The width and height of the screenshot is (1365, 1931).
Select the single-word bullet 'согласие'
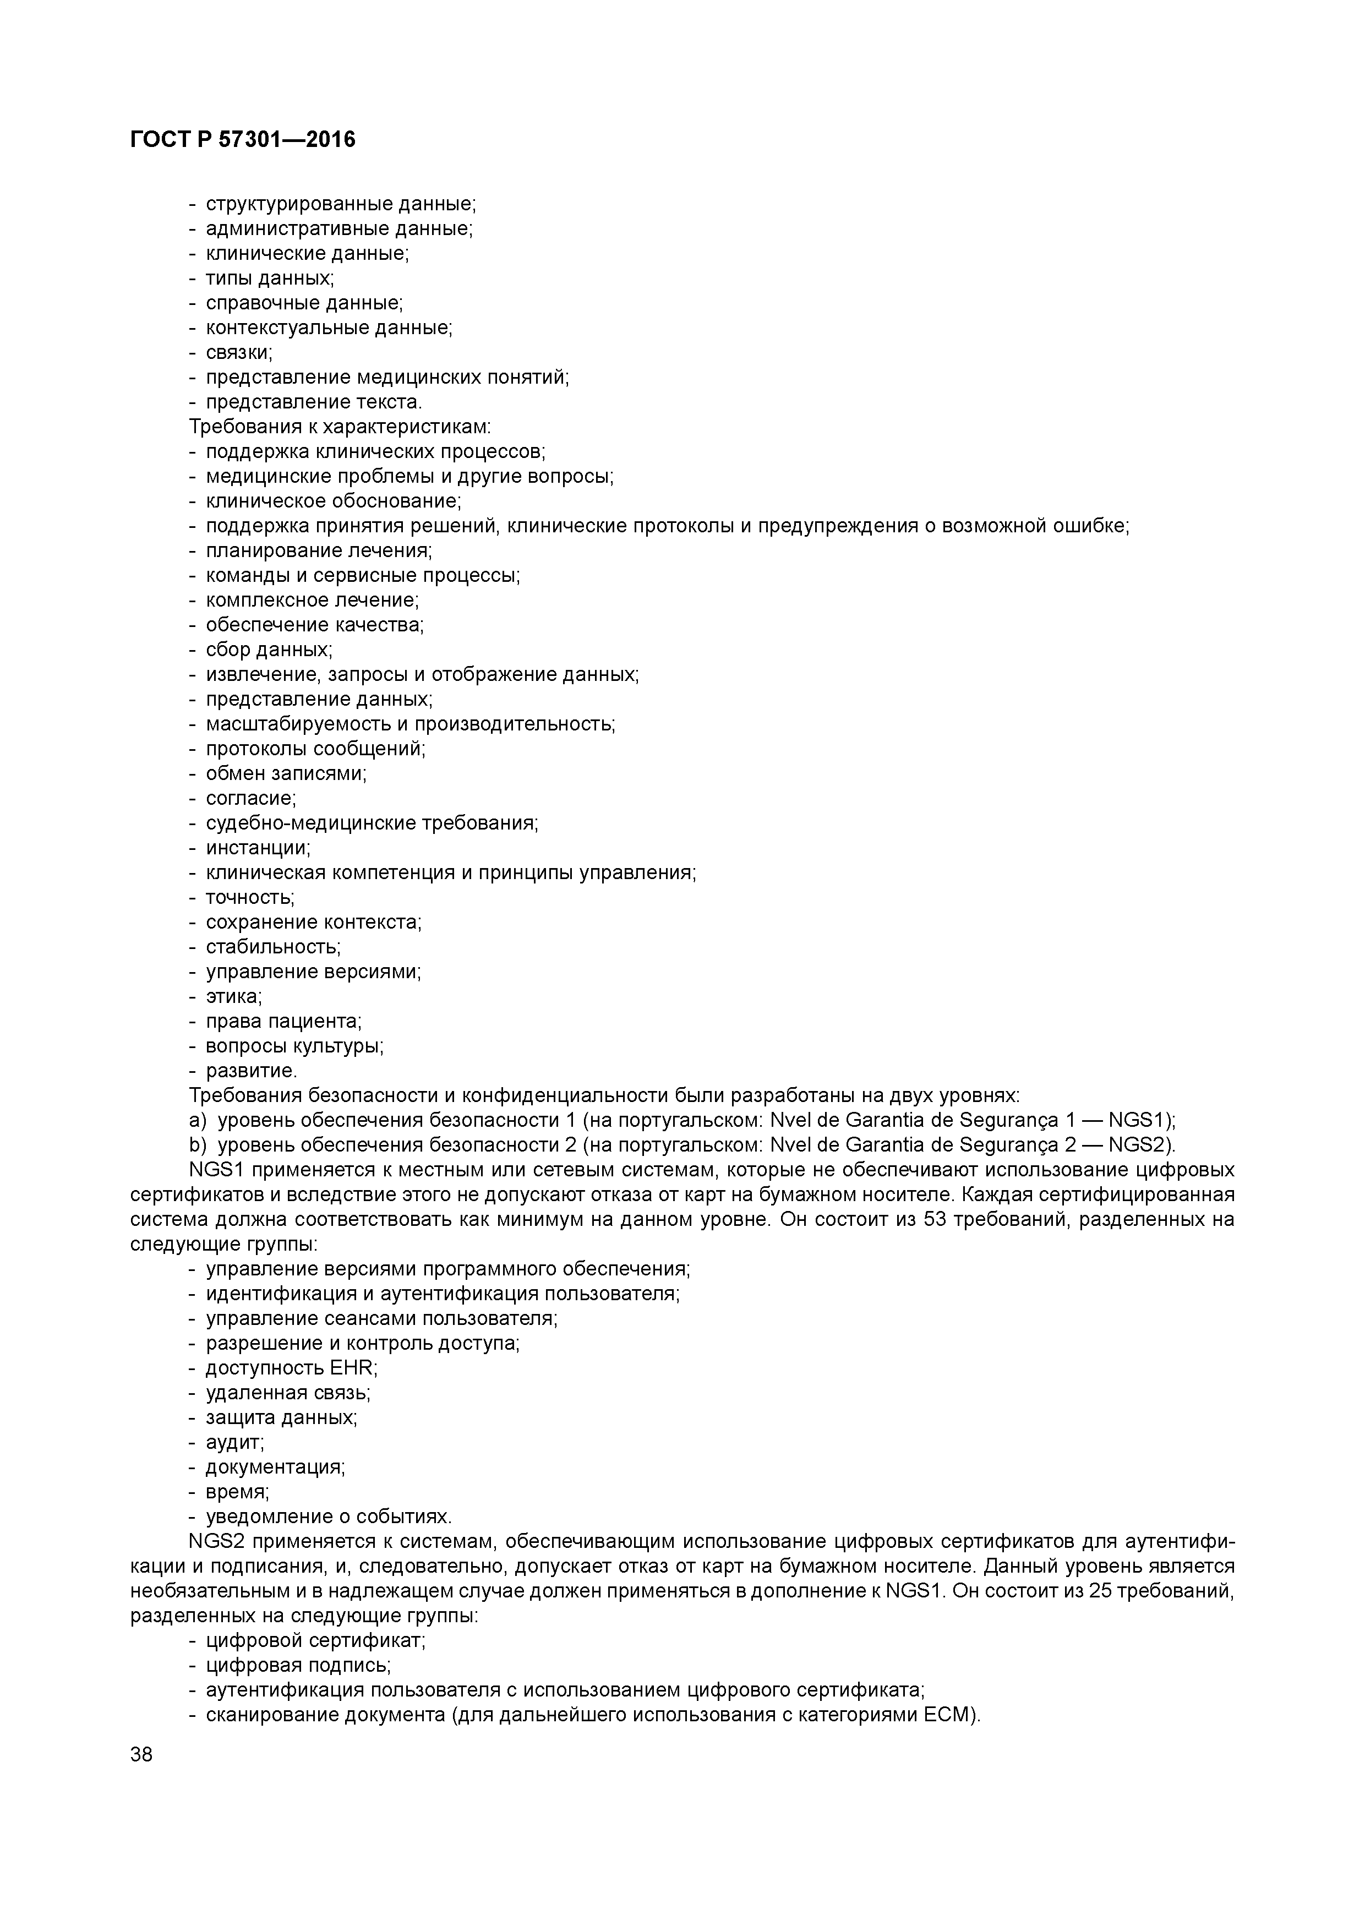tap(250, 798)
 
